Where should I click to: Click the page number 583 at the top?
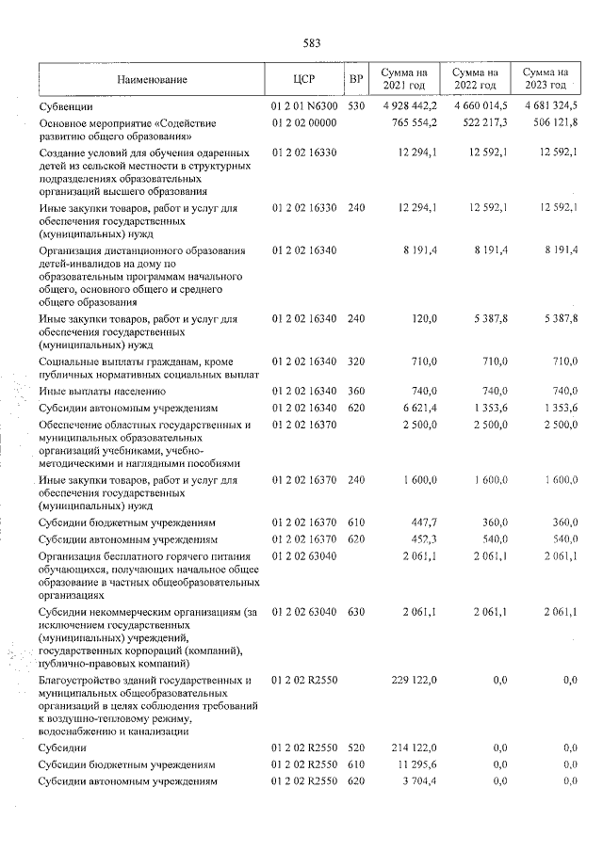coord(312,43)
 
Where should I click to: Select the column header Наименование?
coord(152,79)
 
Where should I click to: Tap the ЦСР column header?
coord(303,79)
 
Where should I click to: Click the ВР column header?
coord(355,79)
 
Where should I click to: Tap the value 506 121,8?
coord(552,122)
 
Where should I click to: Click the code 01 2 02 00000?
coord(303,122)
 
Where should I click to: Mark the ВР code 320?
coord(355,362)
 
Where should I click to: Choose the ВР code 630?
coord(355,614)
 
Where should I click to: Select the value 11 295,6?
coord(416,764)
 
